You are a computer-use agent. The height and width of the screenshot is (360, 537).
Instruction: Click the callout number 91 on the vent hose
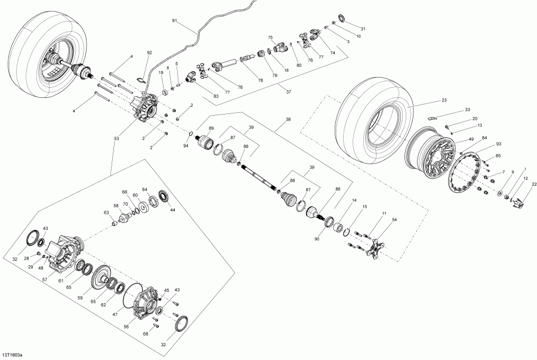(x=174, y=21)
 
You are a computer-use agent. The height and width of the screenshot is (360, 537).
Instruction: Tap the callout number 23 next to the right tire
(x=444, y=101)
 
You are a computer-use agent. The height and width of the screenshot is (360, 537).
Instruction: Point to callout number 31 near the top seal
(x=363, y=29)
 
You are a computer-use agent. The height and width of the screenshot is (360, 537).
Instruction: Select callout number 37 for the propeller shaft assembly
(x=288, y=92)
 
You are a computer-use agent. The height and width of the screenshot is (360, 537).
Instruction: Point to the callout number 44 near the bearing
(x=173, y=210)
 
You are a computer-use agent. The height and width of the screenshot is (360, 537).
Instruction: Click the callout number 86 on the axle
(x=338, y=189)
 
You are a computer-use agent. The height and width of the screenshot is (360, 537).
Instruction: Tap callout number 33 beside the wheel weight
(x=467, y=110)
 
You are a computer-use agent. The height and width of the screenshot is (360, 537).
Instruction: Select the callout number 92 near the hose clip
(x=149, y=53)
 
